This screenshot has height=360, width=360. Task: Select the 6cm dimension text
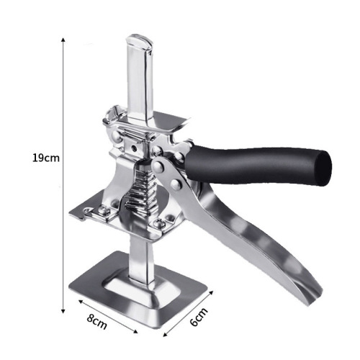click(x=199, y=317)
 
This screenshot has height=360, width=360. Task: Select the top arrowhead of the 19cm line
click(x=63, y=37)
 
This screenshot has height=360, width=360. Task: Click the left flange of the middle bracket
click(x=90, y=212)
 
